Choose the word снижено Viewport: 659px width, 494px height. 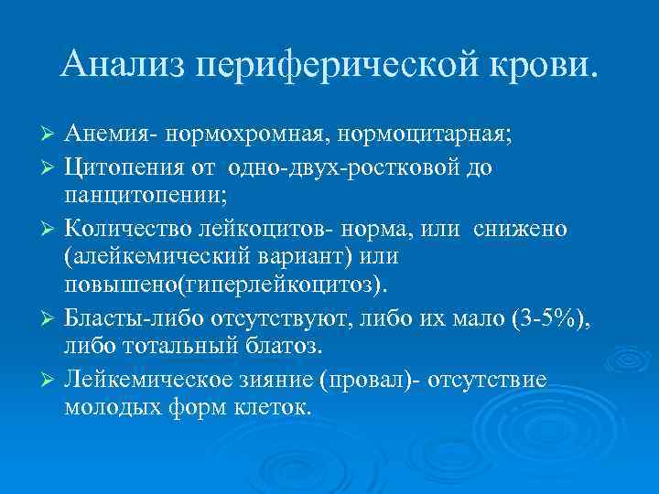[x=522, y=226]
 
